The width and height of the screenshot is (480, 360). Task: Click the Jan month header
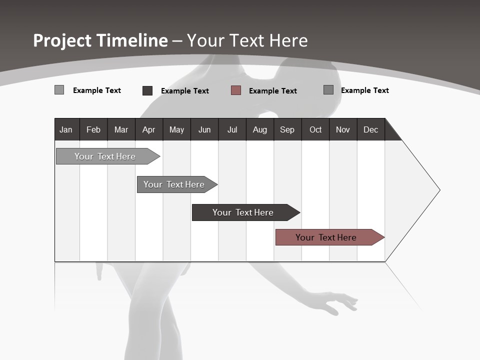click(66, 129)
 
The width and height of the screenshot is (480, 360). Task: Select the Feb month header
click(93, 129)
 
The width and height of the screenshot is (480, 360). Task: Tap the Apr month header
click(148, 129)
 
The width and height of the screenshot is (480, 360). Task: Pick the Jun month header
click(204, 129)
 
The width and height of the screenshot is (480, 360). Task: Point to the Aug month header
click(259, 129)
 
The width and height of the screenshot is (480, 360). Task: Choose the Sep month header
click(287, 129)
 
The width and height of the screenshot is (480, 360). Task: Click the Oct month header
click(315, 129)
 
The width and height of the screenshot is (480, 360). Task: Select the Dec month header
click(370, 129)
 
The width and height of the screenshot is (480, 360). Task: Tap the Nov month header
click(343, 129)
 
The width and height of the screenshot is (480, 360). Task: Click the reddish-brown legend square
click(236, 90)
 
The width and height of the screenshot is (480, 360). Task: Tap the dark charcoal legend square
click(147, 90)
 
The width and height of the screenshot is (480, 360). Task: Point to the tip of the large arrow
click(439, 190)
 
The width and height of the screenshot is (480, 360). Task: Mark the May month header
click(176, 129)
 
